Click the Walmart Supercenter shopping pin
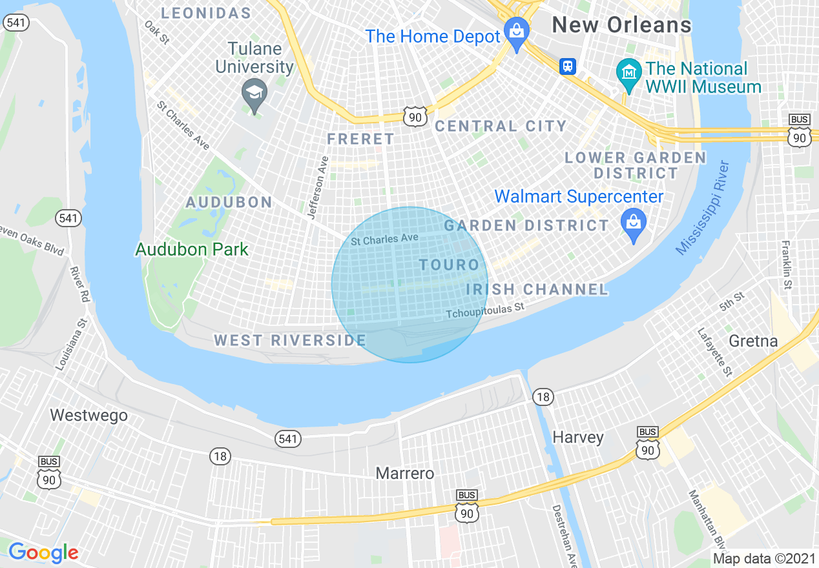634,223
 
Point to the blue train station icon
568,66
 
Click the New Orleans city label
621,25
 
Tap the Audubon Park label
192,249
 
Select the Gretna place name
753,341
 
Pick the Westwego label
89,415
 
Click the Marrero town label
405,473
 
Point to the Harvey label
578,437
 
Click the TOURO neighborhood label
449,265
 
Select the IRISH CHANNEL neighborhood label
537,290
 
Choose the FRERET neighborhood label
360,139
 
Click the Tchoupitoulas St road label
484,312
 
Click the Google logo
43,553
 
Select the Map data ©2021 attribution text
764,558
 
